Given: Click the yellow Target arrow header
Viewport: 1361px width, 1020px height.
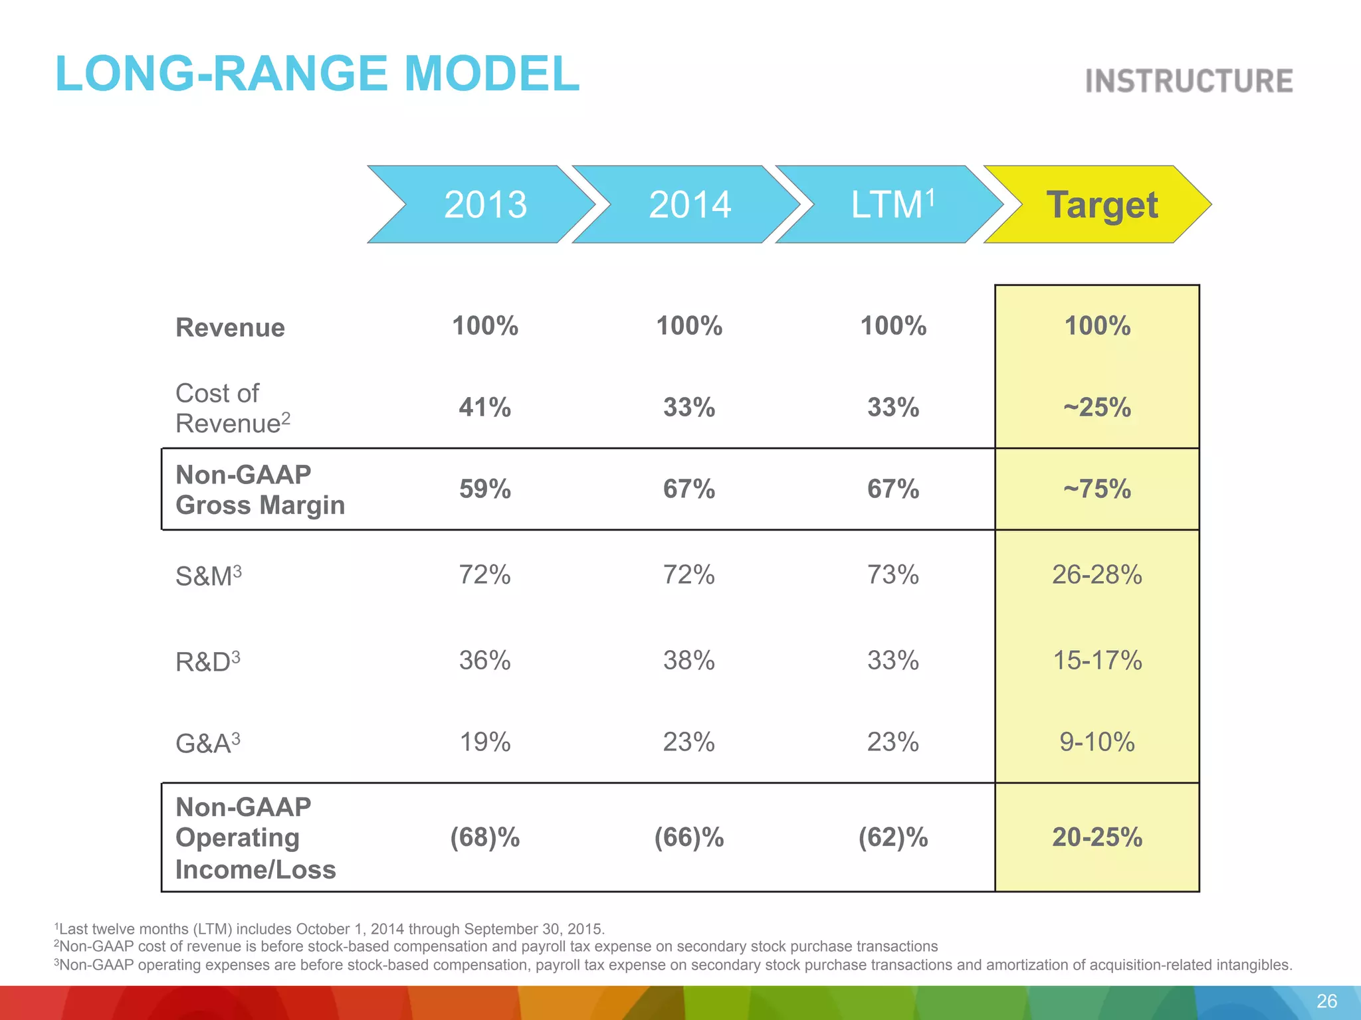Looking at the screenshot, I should tap(1101, 205).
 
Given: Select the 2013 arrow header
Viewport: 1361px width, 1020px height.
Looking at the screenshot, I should tap(485, 205).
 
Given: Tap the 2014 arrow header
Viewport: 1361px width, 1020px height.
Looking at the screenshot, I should tap(690, 205).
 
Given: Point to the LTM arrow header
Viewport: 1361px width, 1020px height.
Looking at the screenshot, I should tap(892, 205).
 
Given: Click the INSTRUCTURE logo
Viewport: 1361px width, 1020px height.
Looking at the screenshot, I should tap(1189, 81).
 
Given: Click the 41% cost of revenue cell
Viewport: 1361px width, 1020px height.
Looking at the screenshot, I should tap(485, 407).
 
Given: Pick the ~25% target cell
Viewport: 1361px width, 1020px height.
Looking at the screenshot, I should tap(1097, 407).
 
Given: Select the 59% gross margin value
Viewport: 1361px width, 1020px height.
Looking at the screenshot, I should tap(485, 489).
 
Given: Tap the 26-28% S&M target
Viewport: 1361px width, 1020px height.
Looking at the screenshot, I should tap(1097, 574).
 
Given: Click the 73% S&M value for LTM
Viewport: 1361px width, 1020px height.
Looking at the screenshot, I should tap(893, 574).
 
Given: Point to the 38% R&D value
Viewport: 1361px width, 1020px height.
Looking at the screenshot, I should tap(689, 660).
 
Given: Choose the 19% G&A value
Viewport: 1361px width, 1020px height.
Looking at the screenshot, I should tap(485, 742).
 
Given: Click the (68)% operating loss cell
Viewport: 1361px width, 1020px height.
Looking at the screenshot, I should tap(485, 837).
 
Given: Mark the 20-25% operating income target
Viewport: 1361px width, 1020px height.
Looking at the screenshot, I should tap(1097, 837).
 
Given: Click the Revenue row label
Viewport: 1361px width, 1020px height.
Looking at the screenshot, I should tap(230, 327).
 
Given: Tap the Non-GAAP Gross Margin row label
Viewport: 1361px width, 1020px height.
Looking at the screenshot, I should tap(260, 490).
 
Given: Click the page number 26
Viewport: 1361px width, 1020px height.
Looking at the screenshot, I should tap(1326, 1001).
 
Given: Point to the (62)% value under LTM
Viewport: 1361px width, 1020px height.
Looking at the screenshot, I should tap(893, 837).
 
